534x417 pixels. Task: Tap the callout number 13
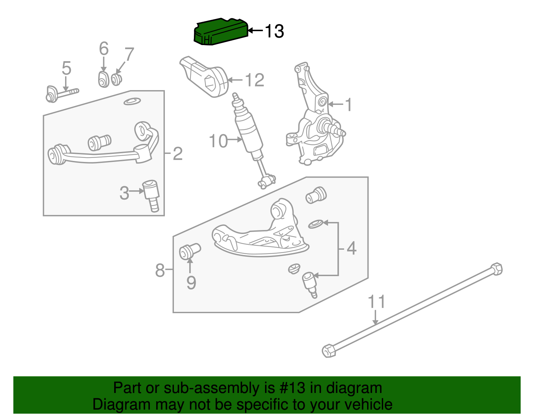(x=274, y=31)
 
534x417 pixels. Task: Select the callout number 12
(x=255, y=80)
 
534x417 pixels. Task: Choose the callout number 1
(x=348, y=105)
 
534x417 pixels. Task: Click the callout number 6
(x=104, y=49)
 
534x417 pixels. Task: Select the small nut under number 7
(x=116, y=79)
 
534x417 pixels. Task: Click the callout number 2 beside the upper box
(x=178, y=154)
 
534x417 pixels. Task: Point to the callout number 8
(x=160, y=270)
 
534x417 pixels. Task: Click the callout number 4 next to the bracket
(x=351, y=248)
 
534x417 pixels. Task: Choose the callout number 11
(x=376, y=301)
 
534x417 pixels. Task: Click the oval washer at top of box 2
(x=132, y=101)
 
